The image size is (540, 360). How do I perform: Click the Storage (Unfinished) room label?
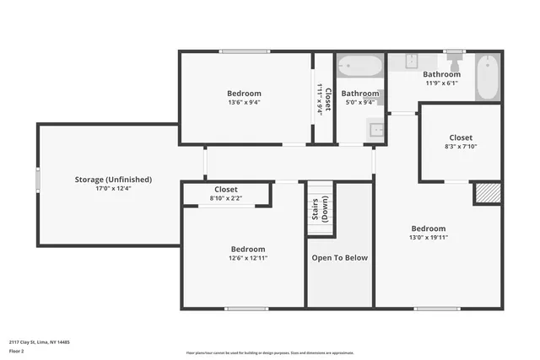click(111, 180)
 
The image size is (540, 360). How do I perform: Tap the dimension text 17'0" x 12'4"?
click(111, 189)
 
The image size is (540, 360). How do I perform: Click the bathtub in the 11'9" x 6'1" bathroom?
click(488, 78)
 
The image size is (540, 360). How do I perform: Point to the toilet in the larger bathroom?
click(455, 62)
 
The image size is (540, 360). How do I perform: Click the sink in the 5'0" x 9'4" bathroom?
click(375, 129)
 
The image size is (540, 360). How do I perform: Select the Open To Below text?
click(340, 258)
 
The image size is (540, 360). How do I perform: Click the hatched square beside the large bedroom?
click(487, 193)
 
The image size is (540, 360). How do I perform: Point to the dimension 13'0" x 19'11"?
click(429, 238)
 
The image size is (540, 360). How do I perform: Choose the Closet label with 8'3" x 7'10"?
click(461, 137)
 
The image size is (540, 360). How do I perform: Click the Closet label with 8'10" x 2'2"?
click(226, 190)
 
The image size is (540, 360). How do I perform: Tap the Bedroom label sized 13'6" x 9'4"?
click(244, 93)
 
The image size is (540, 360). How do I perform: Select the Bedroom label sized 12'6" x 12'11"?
click(248, 250)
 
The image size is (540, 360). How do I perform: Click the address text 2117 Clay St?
click(39, 341)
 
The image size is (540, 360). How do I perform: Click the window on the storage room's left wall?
click(37, 180)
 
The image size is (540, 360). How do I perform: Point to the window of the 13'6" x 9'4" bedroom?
click(244, 52)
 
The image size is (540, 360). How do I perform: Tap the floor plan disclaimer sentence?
click(270, 353)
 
